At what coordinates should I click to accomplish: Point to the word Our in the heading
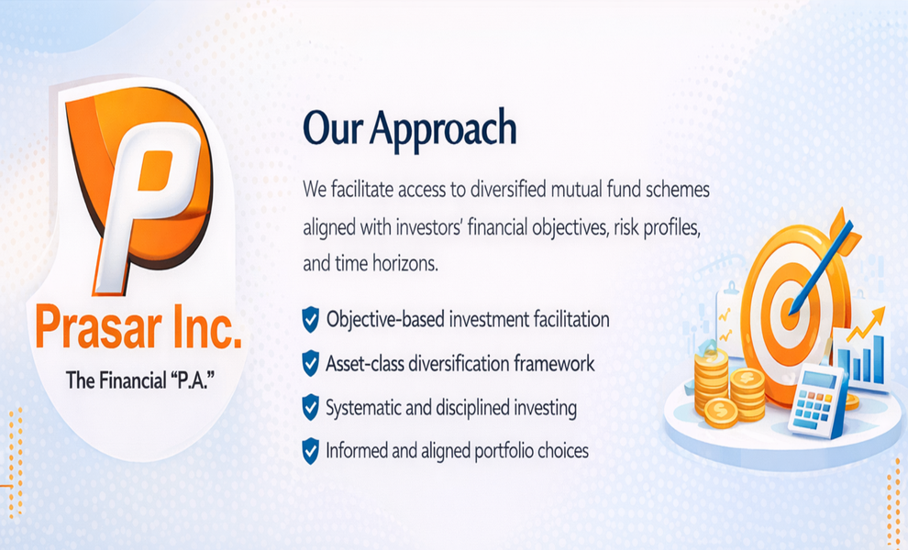pyautogui.click(x=332, y=129)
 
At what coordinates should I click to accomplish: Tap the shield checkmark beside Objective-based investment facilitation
pyautogui.click(x=311, y=320)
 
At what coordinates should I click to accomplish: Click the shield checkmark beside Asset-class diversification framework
pyautogui.click(x=311, y=364)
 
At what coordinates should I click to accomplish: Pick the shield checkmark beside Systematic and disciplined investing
pyautogui.click(x=311, y=408)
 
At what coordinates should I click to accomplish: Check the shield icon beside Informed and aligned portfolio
pyautogui.click(x=311, y=451)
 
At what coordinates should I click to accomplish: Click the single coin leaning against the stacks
pyautogui.click(x=722, y=412)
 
